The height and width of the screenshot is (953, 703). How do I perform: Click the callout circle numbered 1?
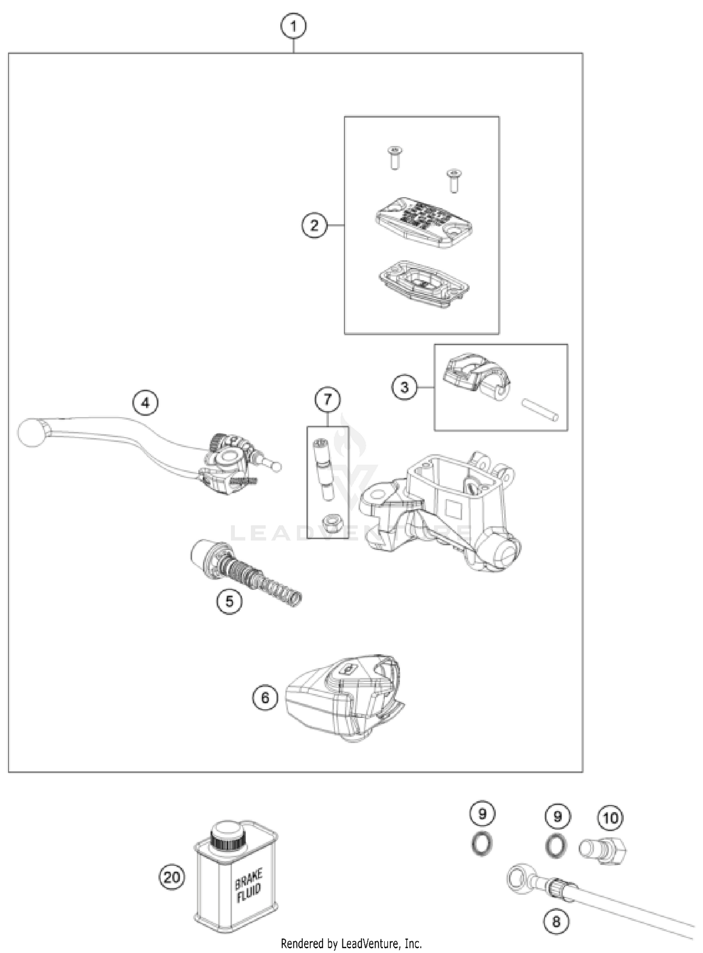click(293, 26)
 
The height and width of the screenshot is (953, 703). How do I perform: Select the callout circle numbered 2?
click(314, 225)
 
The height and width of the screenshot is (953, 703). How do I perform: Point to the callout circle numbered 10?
click(610, 818)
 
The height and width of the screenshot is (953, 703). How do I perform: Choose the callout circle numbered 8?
click(556, 922)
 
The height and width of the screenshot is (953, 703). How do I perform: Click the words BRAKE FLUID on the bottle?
click(248, 885)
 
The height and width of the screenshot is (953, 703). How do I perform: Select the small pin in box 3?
click(540, 410)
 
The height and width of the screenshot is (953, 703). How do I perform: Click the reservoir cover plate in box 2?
click(423, 222)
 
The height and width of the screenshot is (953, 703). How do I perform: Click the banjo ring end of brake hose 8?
click(519, 874)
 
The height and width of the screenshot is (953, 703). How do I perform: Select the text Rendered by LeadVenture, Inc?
click(351, 943)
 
